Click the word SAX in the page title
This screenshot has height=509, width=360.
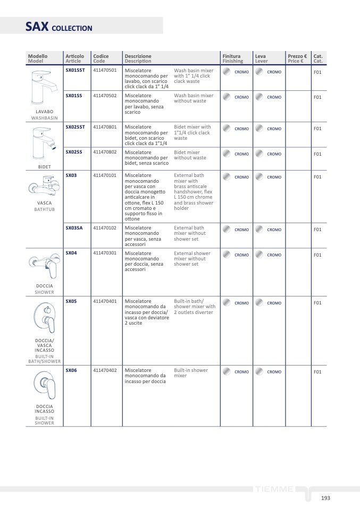[37, 27]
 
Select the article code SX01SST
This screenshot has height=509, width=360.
[75, 70]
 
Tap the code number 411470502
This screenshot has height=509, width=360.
[105, 96]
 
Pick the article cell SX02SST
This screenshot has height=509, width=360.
[75, 127]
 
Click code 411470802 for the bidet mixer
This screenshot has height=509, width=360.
[105, 152]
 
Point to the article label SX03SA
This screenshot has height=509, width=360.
[74, 228]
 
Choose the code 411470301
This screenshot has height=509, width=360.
[105, 253]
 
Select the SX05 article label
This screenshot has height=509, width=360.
[71, 301]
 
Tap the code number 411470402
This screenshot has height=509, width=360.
[105, 370]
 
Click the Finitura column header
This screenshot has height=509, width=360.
[231, 56]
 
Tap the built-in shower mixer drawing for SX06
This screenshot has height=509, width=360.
[45, 384]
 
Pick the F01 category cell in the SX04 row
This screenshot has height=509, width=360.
[317, 255]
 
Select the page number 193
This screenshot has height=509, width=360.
[325, 498]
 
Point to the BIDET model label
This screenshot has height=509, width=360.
[45, 167]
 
